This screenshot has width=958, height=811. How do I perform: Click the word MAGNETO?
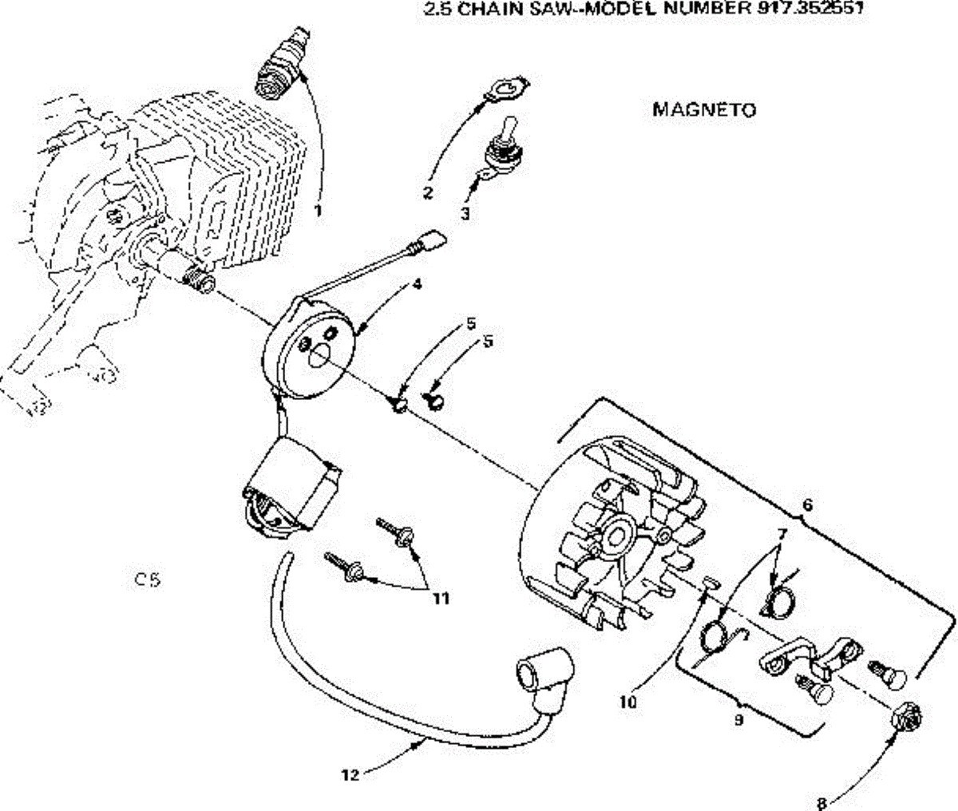click(x=704, y=110)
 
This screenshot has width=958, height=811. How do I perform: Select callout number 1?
click(x=318, y=211)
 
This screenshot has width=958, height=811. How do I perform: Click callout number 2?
click(x=427, y=192)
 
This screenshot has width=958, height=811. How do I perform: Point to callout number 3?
click(x=465, y=214)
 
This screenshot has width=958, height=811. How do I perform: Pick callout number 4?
click(x=417, y=283)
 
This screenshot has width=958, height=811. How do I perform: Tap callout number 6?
click(x=807, y=504)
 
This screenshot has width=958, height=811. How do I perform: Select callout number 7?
click(x=782, y=534)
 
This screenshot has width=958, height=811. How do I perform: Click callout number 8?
click(x=821, y=804)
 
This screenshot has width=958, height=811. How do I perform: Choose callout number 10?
click(x=628, y=702)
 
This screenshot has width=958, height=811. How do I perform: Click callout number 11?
click(x=441, y=599)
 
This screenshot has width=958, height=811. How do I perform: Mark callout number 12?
click(x=350, y=775)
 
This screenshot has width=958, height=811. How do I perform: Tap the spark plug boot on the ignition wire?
click(x=544, y=677)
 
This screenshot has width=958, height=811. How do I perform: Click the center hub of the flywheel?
click(x=616, y=537)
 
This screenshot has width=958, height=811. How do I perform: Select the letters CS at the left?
click(x=148, y=580)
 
